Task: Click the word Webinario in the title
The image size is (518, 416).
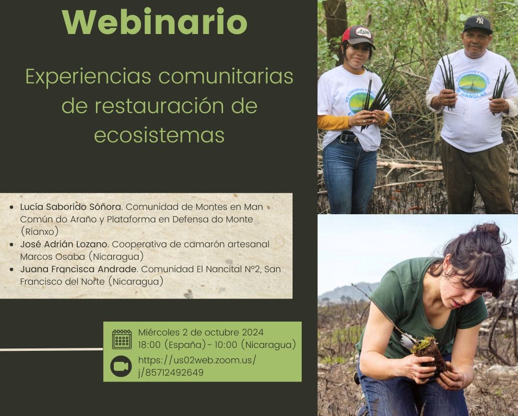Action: [154, 22]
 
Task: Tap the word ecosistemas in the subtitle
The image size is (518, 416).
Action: [159, 135]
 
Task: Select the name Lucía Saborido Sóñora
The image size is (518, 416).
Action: [71, 207]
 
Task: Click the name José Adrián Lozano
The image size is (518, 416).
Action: [64, 244]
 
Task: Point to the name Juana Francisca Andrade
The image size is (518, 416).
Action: [78, 269]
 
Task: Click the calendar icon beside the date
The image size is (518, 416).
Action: [122, 339]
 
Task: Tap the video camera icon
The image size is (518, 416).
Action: [121, 366]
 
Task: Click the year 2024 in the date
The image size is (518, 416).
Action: [253, 332]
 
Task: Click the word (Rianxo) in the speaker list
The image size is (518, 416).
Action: [40, 231]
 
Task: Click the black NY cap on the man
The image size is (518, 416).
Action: [478, 24]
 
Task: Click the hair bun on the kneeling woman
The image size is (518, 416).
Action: [488, 230]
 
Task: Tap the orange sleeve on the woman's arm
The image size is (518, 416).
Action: [334, 122]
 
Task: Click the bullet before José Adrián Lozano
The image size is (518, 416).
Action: [12, 244]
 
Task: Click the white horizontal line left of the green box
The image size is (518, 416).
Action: [51, 349]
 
